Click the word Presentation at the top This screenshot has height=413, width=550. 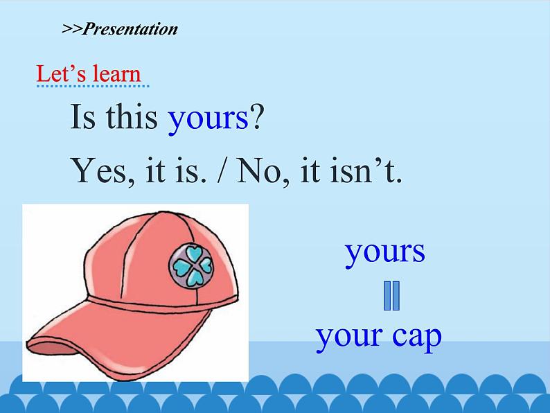130,29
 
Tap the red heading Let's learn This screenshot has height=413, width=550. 89,73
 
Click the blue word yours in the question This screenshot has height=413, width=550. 209,118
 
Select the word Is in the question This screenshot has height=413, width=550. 83,116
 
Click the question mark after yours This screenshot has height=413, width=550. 256,116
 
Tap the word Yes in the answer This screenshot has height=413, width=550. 99,171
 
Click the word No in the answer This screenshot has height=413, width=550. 259,171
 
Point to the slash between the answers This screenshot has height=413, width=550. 220,170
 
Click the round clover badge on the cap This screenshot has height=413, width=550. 191,265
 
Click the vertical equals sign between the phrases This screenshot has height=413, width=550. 391,295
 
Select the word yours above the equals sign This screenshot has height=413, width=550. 385,252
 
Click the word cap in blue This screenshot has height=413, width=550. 417,336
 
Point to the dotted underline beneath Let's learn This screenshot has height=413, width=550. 93,86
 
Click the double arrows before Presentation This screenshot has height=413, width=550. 72,29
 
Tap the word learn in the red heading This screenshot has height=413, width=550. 116,73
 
